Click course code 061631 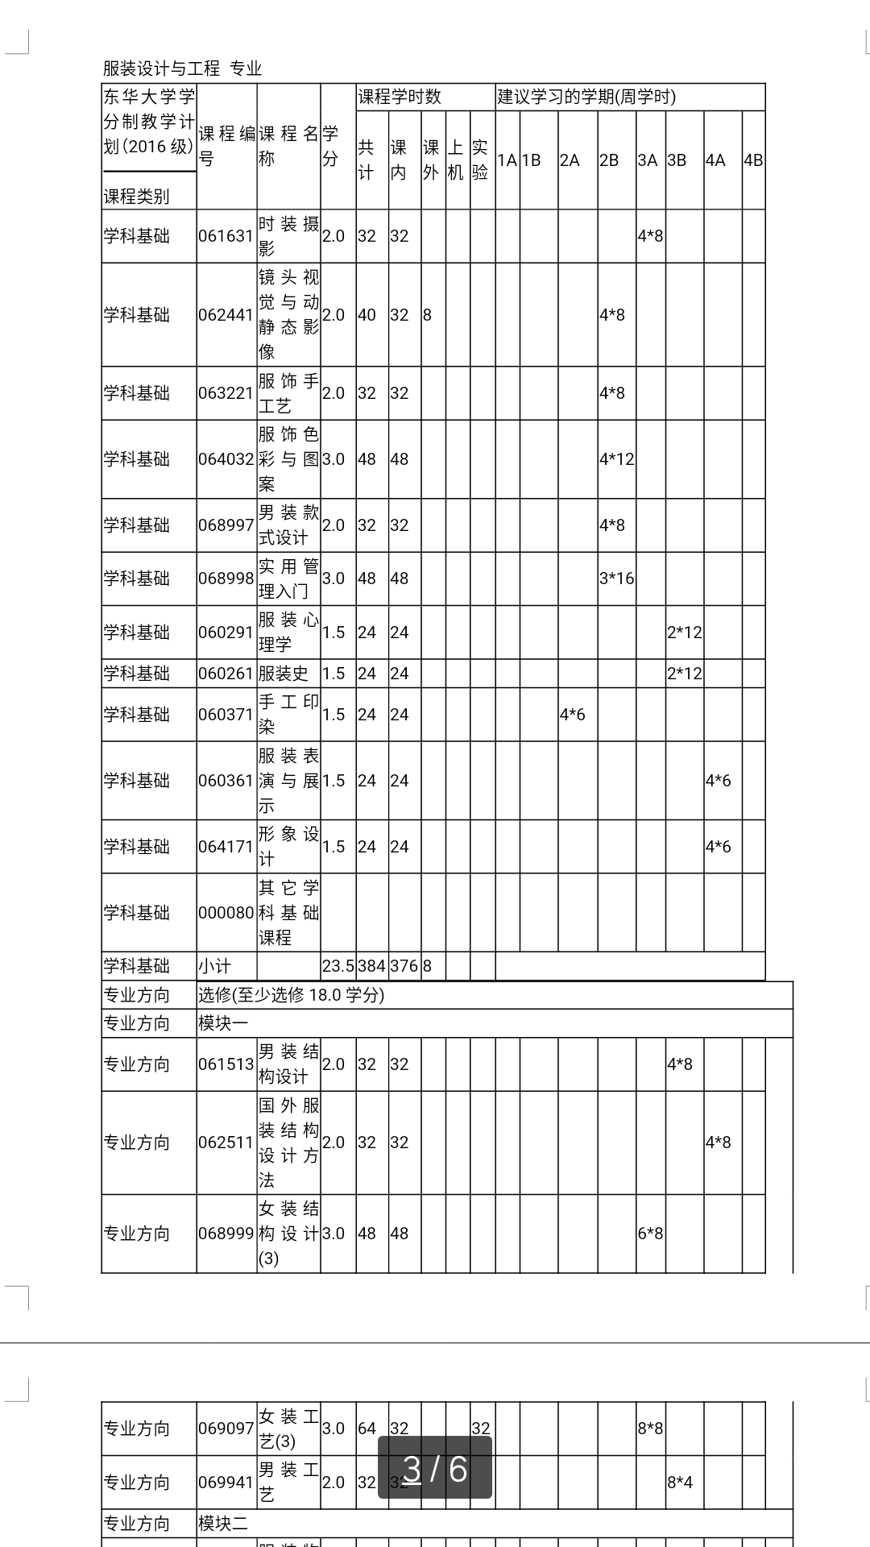pos(226,236)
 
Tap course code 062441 pos(226,315)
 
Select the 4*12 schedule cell pos(616,459)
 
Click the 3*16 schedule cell pos(616,579)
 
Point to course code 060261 pos(226,674)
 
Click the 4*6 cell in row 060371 pos(573,715)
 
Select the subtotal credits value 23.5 pos(338,966)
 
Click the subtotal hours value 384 pos(372,966)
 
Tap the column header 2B pos(609,160)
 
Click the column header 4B pos(753,160)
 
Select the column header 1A pos(507,160)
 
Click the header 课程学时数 pos(400,97)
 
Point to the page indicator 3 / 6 pos(435,1469)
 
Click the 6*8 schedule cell pos(650,1234)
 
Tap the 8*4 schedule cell pos(680,1483)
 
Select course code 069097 pos(226,1429)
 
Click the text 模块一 pos(223,1023)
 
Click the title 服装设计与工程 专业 pos(182,68)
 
